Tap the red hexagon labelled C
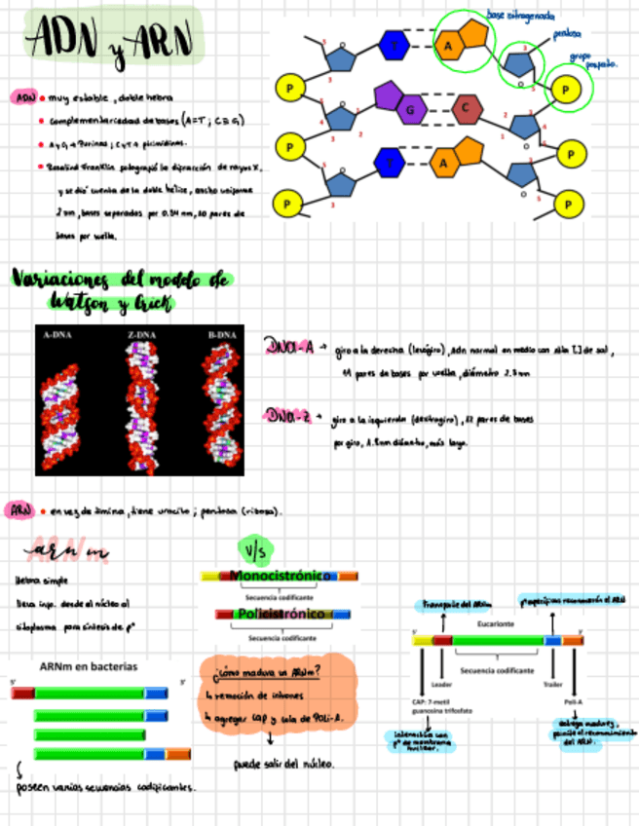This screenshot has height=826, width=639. pos(467,108)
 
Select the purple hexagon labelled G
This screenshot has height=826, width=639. pos(410,110)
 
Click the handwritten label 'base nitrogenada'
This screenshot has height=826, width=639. pos(521,16)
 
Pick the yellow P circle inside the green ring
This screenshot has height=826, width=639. pos(568,88)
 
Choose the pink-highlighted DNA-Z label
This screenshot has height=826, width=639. pos(288,417)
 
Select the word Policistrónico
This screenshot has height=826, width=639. pos(280,615)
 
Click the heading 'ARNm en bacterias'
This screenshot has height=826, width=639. pos(89,667)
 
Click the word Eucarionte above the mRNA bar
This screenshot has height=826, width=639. pos(496,622)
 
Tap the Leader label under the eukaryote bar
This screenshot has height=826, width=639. pos(441,684)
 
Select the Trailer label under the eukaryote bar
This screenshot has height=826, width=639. pos(553,684)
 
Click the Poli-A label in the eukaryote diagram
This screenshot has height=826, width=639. pos(573,701)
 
